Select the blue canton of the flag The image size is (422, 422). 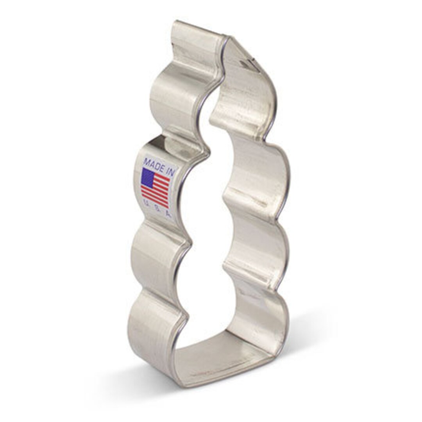147,178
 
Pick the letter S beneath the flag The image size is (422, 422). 157,208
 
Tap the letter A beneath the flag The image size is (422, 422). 168,213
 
